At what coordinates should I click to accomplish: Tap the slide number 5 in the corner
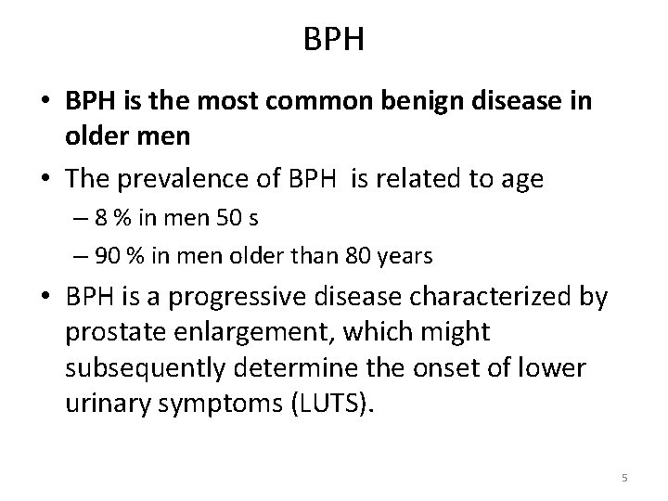624,478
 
